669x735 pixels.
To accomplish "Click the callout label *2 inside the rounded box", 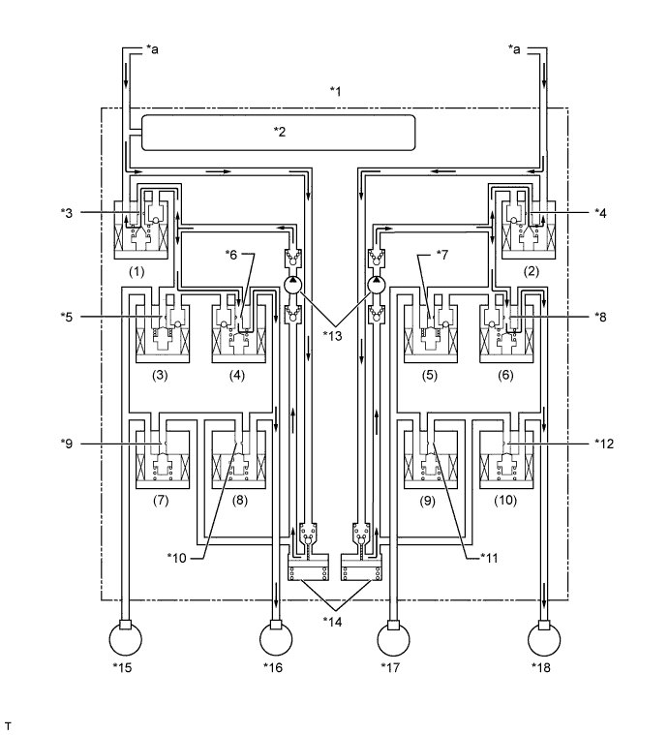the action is point(280,132).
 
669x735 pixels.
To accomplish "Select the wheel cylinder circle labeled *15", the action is point(125,639).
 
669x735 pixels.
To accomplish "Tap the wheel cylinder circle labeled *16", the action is point(276,639).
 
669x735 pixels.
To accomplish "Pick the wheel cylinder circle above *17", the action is point(393,639).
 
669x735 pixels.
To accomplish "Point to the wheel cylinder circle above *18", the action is point(544,639).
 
